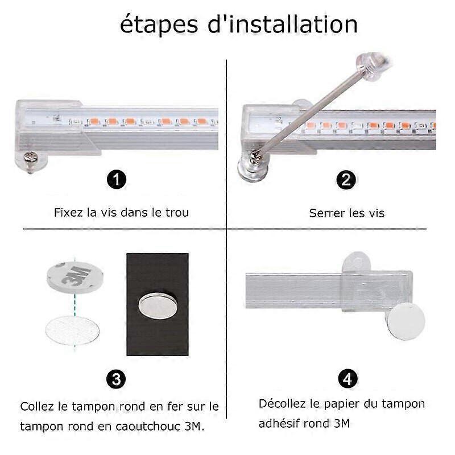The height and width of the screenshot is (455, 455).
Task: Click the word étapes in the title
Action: point(159,25)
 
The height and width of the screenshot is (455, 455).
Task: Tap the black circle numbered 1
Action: point(117,179)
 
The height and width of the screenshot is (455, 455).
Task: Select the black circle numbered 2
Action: point(346,180)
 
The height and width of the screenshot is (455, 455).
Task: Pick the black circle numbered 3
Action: point(116,379)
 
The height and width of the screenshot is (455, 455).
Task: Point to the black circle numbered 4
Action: point(348,378)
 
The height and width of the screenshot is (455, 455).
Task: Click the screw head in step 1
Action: point(31,159)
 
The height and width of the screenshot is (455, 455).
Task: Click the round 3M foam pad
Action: point(75,277)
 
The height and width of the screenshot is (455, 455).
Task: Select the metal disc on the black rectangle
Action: point(158,305)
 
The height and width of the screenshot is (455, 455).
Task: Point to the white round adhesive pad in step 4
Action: point(406,321)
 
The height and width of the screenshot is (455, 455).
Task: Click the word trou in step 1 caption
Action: point(177,213)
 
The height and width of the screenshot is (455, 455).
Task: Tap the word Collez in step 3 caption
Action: point(37,406)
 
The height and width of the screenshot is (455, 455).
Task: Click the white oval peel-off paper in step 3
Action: point(73,330)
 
